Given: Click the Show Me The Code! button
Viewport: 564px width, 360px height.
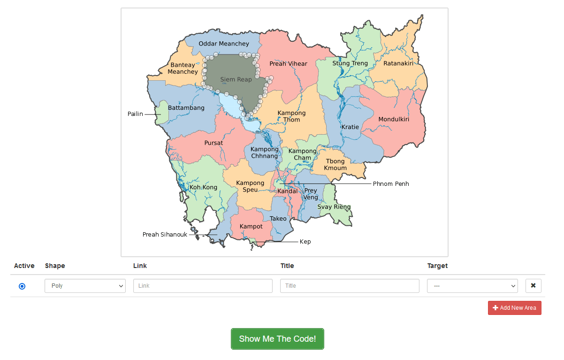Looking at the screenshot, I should point(277,339).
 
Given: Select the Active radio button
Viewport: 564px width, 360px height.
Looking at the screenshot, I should point(22,286).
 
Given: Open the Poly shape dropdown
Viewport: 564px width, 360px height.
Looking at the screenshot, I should point(85,286).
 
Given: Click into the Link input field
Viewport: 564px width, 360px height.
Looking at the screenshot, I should point(203,286).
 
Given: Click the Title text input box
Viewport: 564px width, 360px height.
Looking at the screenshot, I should point(350,286).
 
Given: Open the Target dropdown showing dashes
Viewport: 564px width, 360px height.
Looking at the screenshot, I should point(472,286).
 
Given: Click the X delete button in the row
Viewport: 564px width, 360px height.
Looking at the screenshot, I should point(533,285).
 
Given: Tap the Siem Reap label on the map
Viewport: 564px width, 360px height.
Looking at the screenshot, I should point(236,79).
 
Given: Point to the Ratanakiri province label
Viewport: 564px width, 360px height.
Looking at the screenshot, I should point(398,63).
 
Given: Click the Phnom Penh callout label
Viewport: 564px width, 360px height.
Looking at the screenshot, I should point(391,184).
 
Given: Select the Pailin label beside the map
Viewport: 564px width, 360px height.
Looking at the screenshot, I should point(135,114).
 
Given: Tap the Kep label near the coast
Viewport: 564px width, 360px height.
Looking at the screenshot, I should point(305,242).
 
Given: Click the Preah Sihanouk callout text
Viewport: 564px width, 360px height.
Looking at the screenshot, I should point(165,235).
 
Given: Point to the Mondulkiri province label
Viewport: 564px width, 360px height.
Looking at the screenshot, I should point(394,119).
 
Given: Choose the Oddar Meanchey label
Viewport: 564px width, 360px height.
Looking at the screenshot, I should point(224,44).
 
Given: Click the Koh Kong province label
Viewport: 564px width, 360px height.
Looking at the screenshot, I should point(203,187).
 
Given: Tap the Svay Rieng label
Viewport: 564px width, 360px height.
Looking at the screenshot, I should point(334,207).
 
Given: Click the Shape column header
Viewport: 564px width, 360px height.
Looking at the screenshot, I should point(55,266).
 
